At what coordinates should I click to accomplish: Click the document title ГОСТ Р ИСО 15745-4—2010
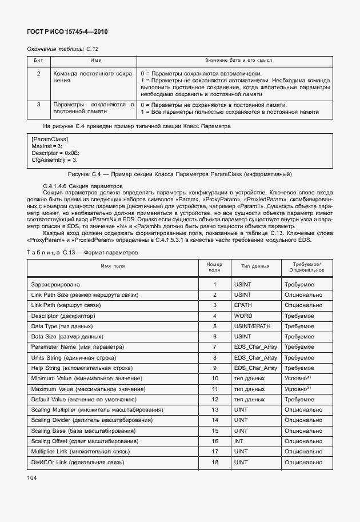[x=67, y=31]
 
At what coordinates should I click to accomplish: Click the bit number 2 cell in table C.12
[x=39, y=74]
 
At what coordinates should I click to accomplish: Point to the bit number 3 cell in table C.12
[x=39, y=105]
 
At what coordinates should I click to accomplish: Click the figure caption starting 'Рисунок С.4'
[x=180, y=174]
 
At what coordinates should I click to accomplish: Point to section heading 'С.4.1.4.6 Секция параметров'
[x=79, y=186]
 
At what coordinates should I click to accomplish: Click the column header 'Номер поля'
[x=214, y=266]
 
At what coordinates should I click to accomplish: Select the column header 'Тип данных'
[x=255, y=266]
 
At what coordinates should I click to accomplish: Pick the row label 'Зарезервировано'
[x=55, y=284]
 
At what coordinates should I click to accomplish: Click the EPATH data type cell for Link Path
[x=243, y=305]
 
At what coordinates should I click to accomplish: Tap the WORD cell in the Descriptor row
[x=243, y=316]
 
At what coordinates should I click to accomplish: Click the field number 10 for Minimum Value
[x=215, y=378]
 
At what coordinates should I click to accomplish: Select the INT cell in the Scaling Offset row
[x=238, y=441]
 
